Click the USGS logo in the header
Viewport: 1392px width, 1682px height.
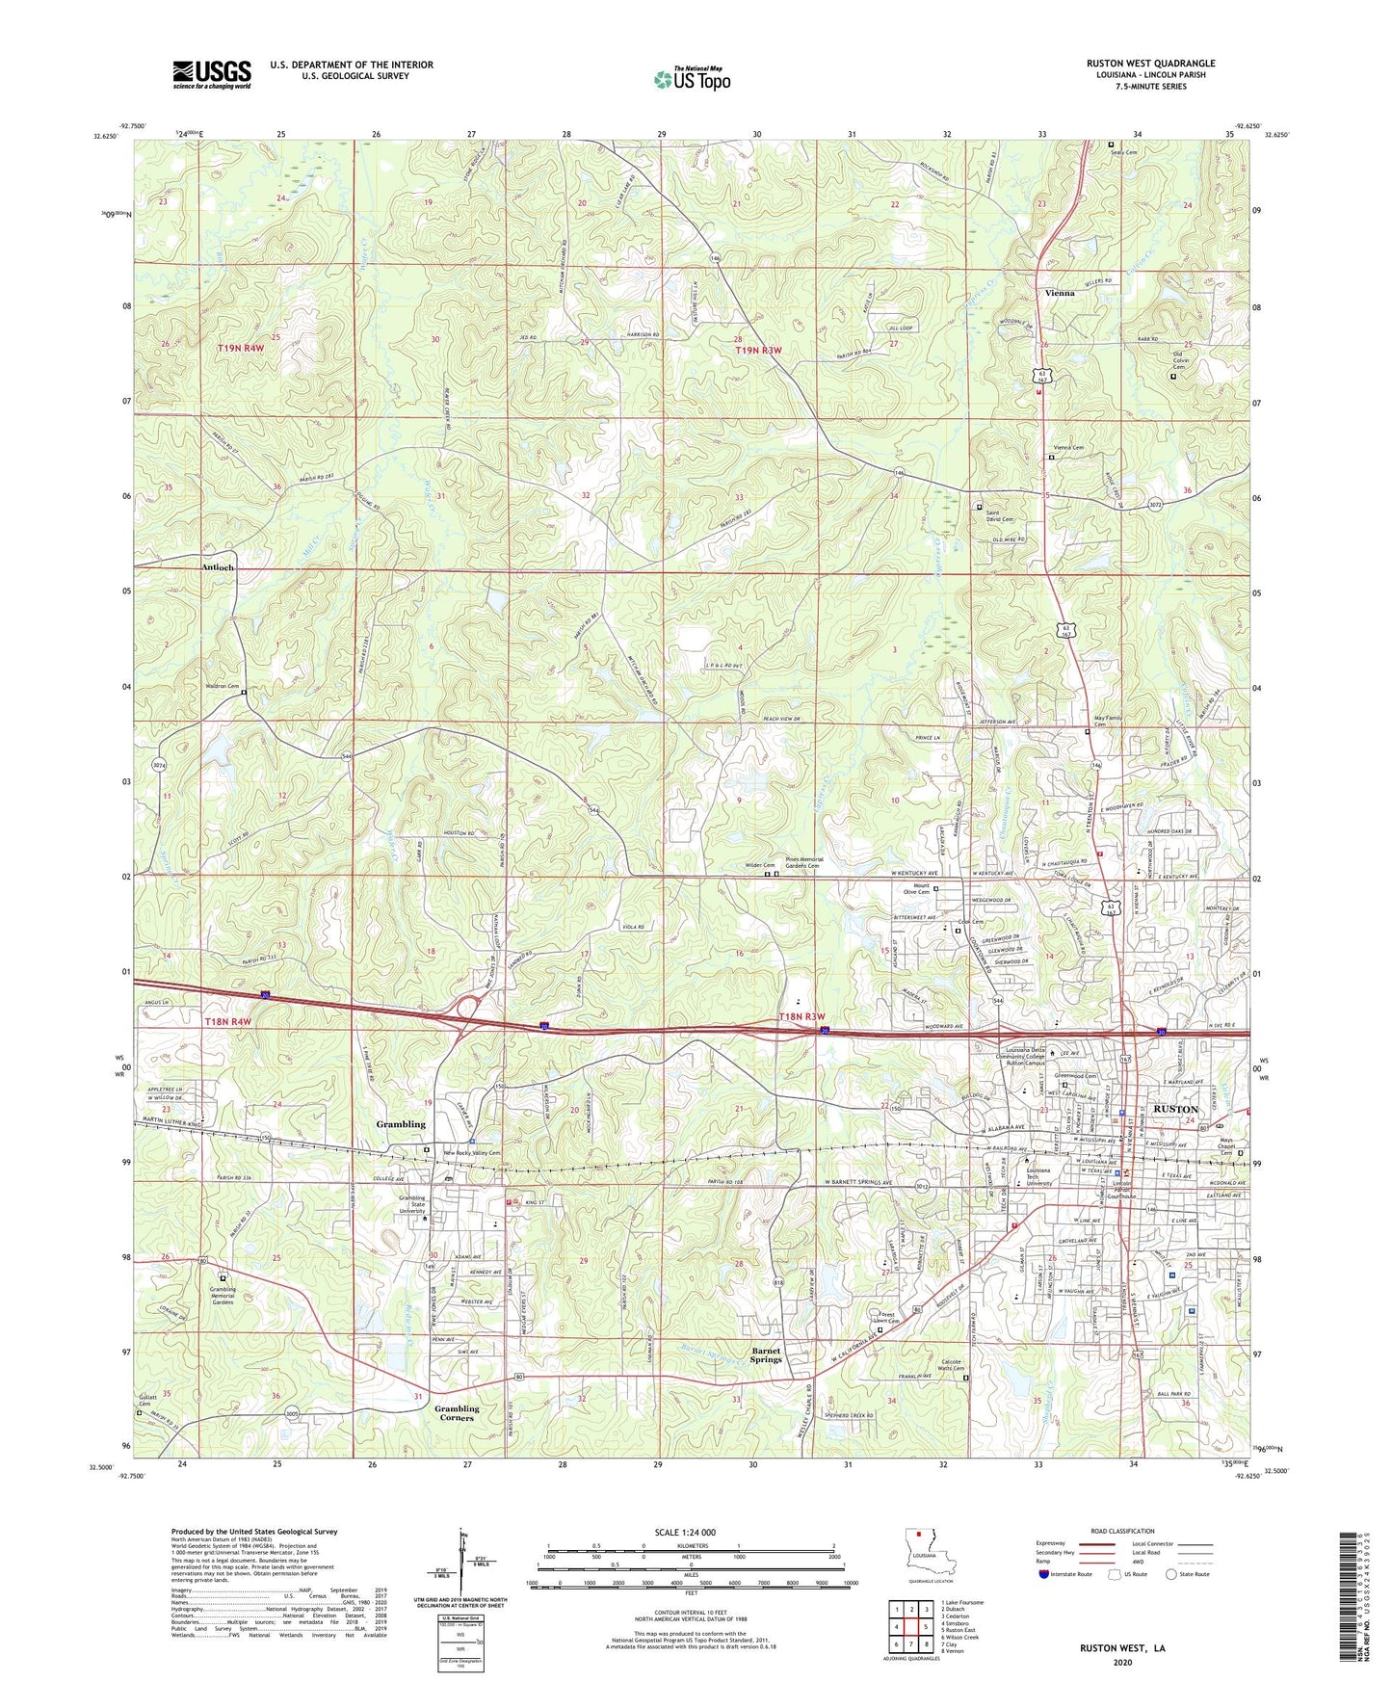pyautogui.click(x=212, y=74)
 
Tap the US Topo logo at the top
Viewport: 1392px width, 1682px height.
pyautogui.click(x=692, y=79)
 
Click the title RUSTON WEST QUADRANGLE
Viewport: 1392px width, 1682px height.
pyautogui.click(x=1150, y=64)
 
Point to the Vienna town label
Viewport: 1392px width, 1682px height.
pyautogui.click(x=1060, y=293)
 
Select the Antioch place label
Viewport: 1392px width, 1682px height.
pyautogui.click(x=218, y=567)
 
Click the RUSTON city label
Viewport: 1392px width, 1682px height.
pyautogui.click(x=1175, y=1109)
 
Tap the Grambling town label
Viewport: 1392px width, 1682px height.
pyautogui.click(x=401, y=1124)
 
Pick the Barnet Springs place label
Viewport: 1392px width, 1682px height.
pyautogui.click(x=766, y=1354)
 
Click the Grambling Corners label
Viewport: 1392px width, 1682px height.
pyautogui.click(x=457, y=1413)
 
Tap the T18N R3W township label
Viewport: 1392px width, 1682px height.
pyautogui.click(x=804, y=1016)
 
